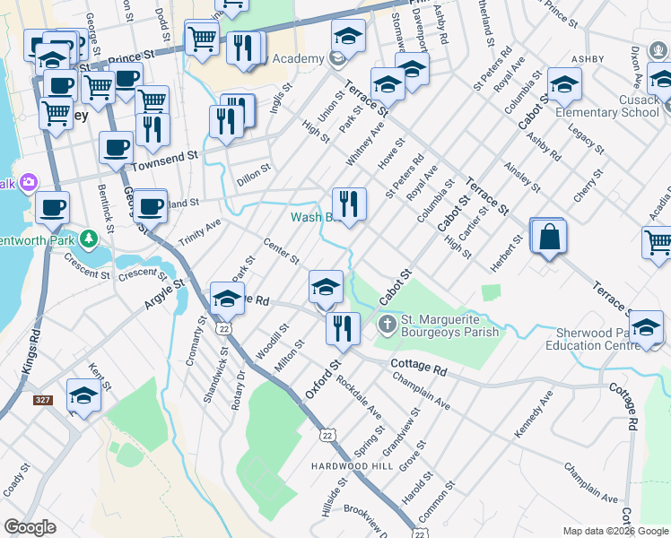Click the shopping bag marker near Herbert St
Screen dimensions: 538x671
549,238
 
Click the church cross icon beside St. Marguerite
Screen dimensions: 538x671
387,323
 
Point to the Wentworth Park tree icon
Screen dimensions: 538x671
88,239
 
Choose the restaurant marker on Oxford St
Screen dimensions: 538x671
342,328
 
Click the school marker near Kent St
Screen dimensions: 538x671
83,395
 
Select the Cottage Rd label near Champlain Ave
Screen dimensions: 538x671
420,368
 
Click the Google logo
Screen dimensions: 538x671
30,526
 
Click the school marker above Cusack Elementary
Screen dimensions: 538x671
564,84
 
